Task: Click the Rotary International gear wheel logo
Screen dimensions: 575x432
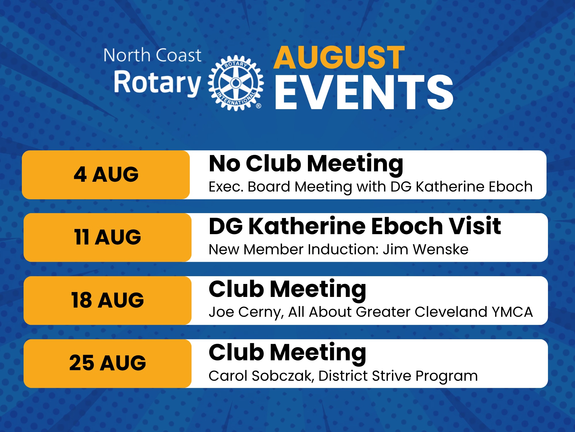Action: click(x=236, y=83)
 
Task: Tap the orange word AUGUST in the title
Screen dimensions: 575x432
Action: click(x=339, y=58)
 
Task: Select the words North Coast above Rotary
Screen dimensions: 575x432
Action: click(x=152, y=55)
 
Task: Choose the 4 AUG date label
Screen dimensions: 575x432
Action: click(x=106, y=175)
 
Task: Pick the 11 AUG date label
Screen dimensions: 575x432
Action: click(x=108, y=237)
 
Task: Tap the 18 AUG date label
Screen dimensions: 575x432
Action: click(x=108, y=300)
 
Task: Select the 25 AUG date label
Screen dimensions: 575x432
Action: click(x=108, y=363)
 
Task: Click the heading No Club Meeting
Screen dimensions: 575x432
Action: click(x=306, y=164)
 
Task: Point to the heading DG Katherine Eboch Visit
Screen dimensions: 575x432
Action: click(x=355, y=226)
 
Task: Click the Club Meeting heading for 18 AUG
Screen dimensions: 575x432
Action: click(x=287, y=290)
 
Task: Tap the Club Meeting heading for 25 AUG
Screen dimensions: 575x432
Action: click(x=287, y=353)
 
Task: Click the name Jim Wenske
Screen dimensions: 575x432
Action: click(x=425, y=249)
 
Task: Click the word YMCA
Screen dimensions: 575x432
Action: click(x=512, y=312)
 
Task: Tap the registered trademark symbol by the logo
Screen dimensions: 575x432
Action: click(x=258, y=106)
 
